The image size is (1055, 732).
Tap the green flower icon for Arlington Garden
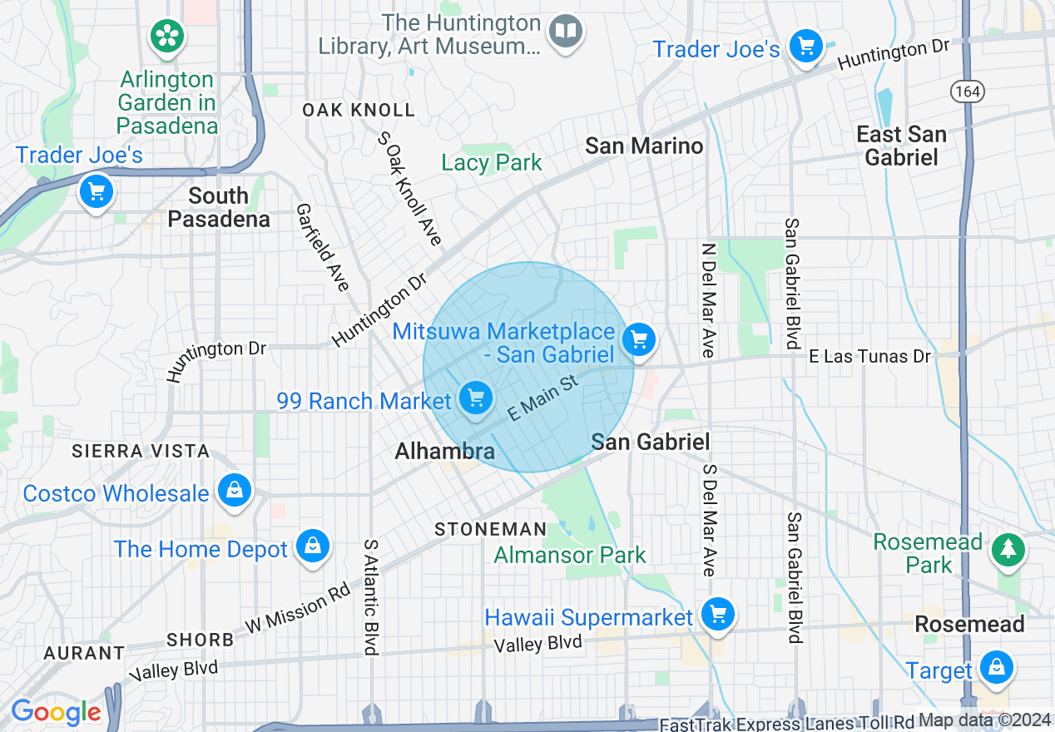[167, 35]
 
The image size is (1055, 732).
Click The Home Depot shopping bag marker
[312, 547]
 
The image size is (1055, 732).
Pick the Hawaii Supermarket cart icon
[716, 616]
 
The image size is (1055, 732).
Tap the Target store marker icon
[995, 667]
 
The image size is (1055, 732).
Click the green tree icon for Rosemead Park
[1008, 549]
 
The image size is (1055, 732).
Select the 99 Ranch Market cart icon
[475, 398]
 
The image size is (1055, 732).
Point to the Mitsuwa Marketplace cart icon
[639, 339]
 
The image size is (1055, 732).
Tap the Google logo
[56, 712]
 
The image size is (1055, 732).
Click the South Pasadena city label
[219, 207]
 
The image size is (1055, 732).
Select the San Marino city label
[644, 146]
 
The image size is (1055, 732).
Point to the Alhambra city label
[444, 452]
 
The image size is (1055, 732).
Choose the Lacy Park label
[492, 162]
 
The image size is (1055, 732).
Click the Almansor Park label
[570, 555]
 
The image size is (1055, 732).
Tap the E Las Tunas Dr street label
[869, 356]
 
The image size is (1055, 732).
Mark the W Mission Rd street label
[297, 613]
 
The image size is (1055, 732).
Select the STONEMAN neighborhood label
[491, 529]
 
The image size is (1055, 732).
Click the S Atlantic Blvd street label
[370, 596]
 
